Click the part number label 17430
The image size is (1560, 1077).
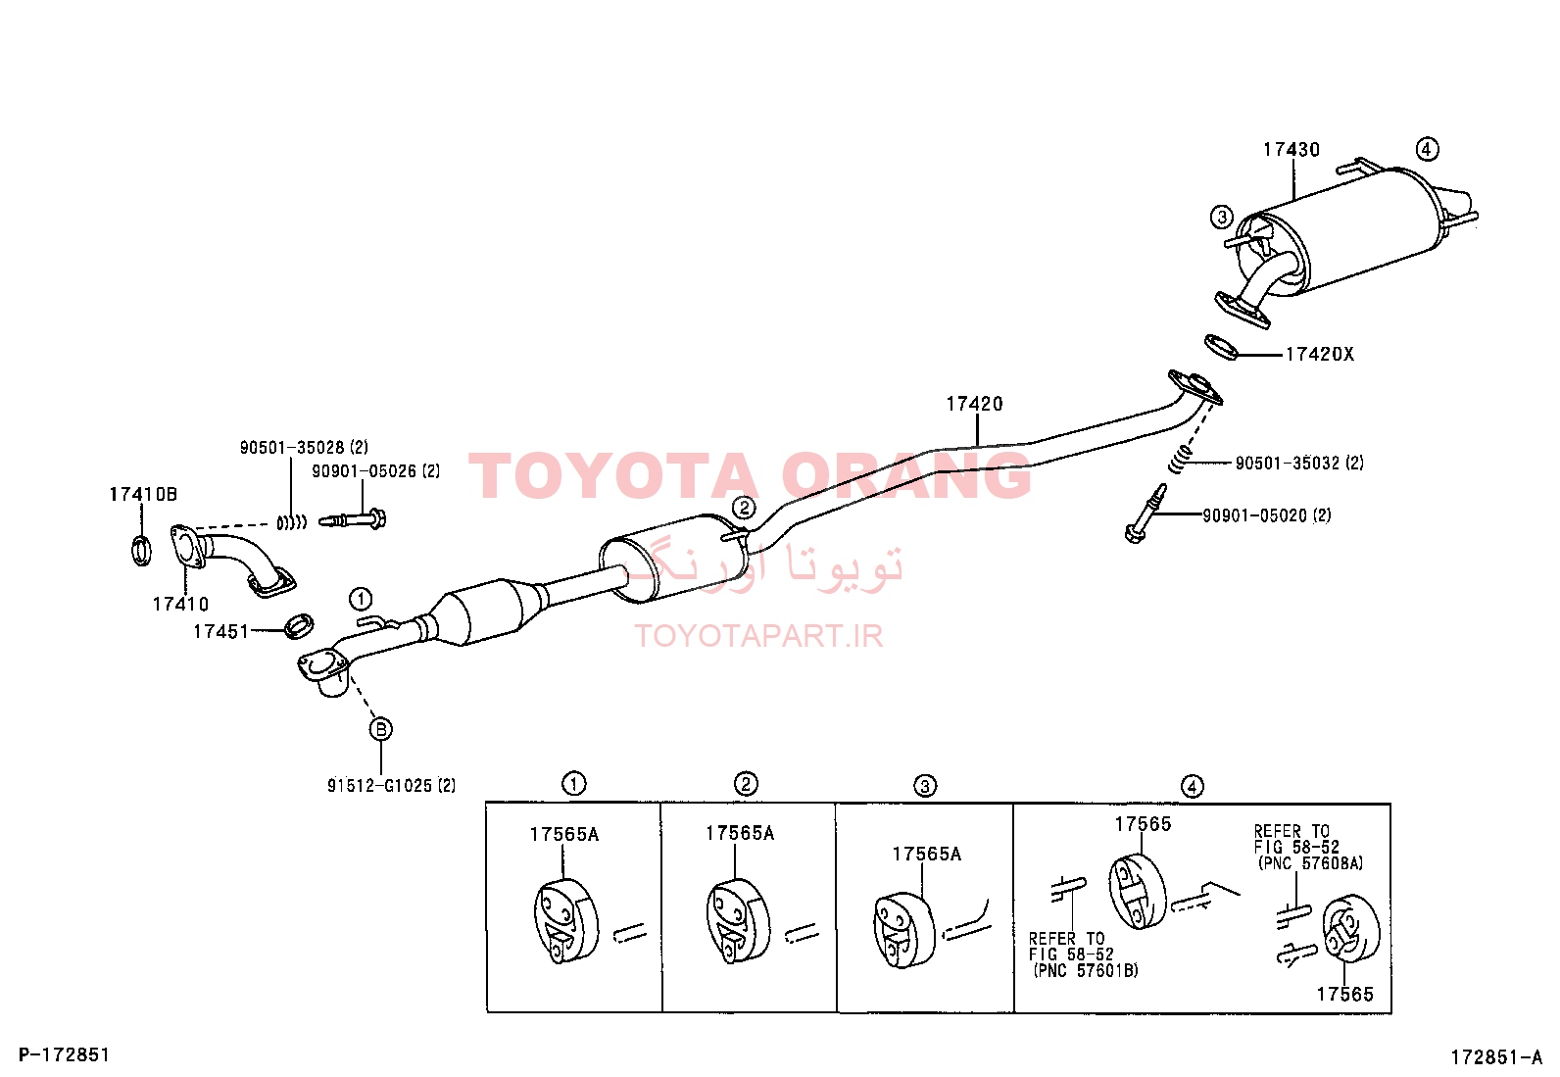(1292, 150)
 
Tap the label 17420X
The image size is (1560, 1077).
(1320, 355)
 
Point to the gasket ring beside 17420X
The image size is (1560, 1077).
(1222, 347)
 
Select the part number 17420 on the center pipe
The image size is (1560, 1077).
(974, 404)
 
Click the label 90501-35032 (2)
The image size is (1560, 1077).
(1299, 464)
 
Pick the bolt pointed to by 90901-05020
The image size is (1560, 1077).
(1145, 514)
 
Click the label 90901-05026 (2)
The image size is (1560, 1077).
(376, 471)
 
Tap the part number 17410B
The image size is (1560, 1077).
(143, 495)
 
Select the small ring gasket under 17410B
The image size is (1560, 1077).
(141, 551)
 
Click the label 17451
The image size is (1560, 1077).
(220, 632)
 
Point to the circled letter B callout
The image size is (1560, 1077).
(381, 729)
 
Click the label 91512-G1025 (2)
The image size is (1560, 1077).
(391, 786)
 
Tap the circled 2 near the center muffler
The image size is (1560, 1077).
(744, 508)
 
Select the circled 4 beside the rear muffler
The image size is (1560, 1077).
(1427, 148)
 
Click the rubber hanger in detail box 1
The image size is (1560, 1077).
(565, 921)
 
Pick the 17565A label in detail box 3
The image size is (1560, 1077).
(927, 855)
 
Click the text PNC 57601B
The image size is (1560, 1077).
(1087, 970)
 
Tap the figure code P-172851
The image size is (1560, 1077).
(64, 1054)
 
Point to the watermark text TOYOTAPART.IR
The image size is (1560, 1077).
(758, 636)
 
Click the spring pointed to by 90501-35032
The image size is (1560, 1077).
(1180, 462)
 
